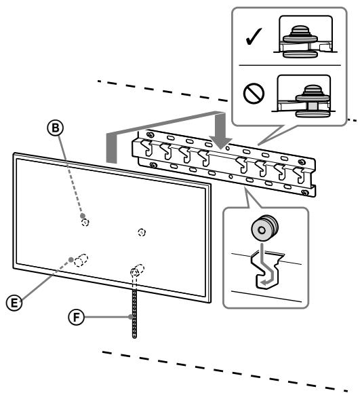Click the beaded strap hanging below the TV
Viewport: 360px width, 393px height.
pyautogui.click(x=134, y=309)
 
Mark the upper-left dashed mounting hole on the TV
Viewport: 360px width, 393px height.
pyautogui.click(x=84, y=221)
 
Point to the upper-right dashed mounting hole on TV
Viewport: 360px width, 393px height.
pyautogui.click(x=141, y=232)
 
